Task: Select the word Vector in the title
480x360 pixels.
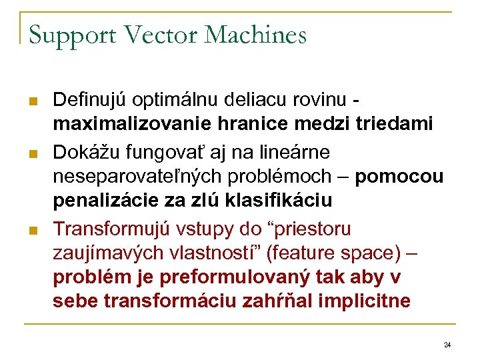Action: (x=142, y=35)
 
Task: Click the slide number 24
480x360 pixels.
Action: (x=447, y=345)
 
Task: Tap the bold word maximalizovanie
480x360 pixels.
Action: (x=129, y=124)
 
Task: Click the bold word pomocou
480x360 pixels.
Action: (x=399, y=177)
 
